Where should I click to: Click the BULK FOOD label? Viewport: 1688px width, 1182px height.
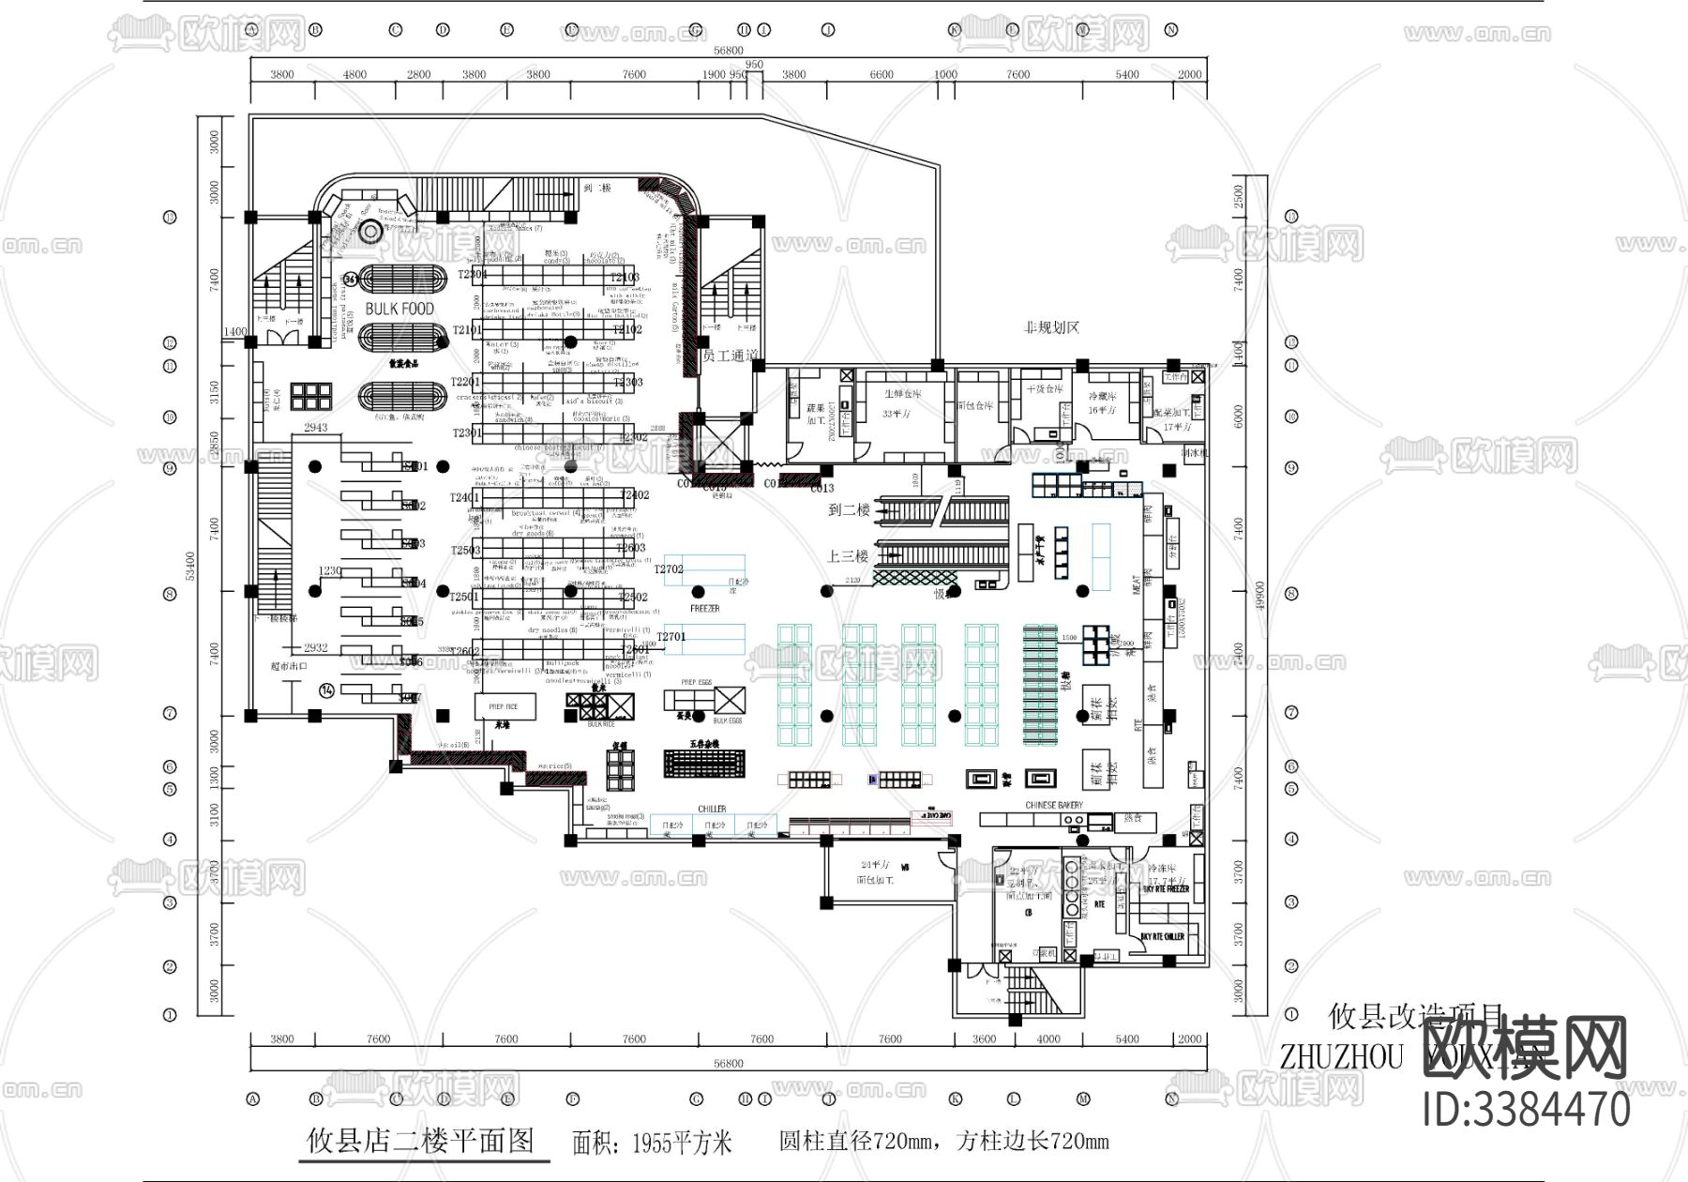tap(399, 309)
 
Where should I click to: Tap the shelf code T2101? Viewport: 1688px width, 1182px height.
tap(467, 330)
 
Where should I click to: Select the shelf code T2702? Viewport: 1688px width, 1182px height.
tap(669, 569)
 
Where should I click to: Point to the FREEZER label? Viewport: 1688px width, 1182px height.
tap(704, 609)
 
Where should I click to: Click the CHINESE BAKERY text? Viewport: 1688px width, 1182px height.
tap(1054, 805)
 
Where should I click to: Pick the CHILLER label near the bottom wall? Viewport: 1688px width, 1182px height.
tap(712, 809)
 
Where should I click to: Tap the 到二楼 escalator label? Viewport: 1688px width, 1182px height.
tap(850, 510)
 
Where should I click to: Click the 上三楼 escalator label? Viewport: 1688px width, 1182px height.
tap(848, 556)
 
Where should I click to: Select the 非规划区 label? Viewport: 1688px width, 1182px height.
tap(1051, 327)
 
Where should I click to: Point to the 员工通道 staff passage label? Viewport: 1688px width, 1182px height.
tap(729, 356)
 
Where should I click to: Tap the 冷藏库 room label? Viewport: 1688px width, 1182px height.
tap(1103, 396)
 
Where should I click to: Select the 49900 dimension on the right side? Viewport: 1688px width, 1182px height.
tap(1259, 595)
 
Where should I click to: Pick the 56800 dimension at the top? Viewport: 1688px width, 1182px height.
tap(728, 51)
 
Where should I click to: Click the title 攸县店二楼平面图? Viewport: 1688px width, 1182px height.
tap(421, 1141)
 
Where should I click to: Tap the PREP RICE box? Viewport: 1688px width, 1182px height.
tap(504, 706)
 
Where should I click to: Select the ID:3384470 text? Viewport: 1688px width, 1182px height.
tap(1527, 1109)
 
